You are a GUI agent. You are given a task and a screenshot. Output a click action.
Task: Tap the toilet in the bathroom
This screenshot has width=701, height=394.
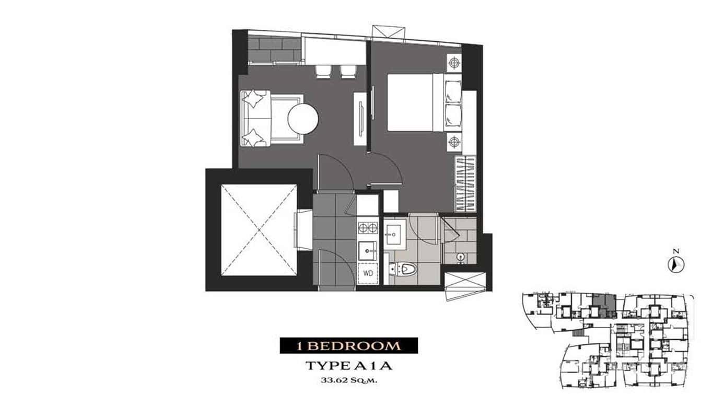coord(405,270)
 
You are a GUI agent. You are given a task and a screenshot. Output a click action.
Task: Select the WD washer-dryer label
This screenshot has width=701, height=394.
coord(368,273)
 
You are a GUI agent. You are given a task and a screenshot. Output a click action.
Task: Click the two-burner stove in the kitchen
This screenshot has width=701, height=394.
coord(368,227)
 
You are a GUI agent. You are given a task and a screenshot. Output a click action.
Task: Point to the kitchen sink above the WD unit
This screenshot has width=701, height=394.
coord(368,250)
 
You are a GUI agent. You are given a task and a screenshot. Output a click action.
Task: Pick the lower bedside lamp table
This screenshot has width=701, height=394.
coord(454,140)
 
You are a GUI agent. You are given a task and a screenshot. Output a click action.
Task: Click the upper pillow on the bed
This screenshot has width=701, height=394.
coord(452,91)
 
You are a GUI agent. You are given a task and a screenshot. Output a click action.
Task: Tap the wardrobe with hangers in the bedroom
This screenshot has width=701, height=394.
coord(464,183)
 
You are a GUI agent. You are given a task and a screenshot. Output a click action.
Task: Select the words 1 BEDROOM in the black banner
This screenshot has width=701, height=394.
coord(348,346)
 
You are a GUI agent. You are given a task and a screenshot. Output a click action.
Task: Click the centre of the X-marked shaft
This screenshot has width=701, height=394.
coord(259,230)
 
